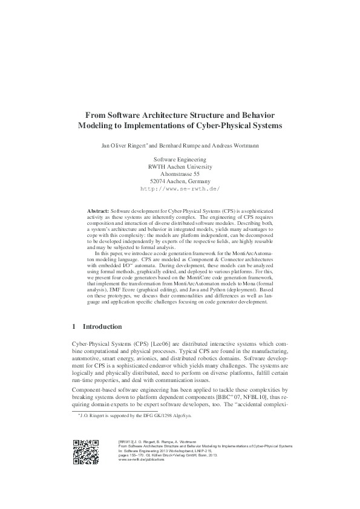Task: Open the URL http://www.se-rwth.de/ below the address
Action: (x=180, y=189)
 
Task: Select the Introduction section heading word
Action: (x=102, y=327)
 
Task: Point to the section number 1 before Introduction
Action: (x=74, y=327)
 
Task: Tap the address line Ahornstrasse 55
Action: (x=180, y=173)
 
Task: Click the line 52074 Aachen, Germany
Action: (x=180, y=181)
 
